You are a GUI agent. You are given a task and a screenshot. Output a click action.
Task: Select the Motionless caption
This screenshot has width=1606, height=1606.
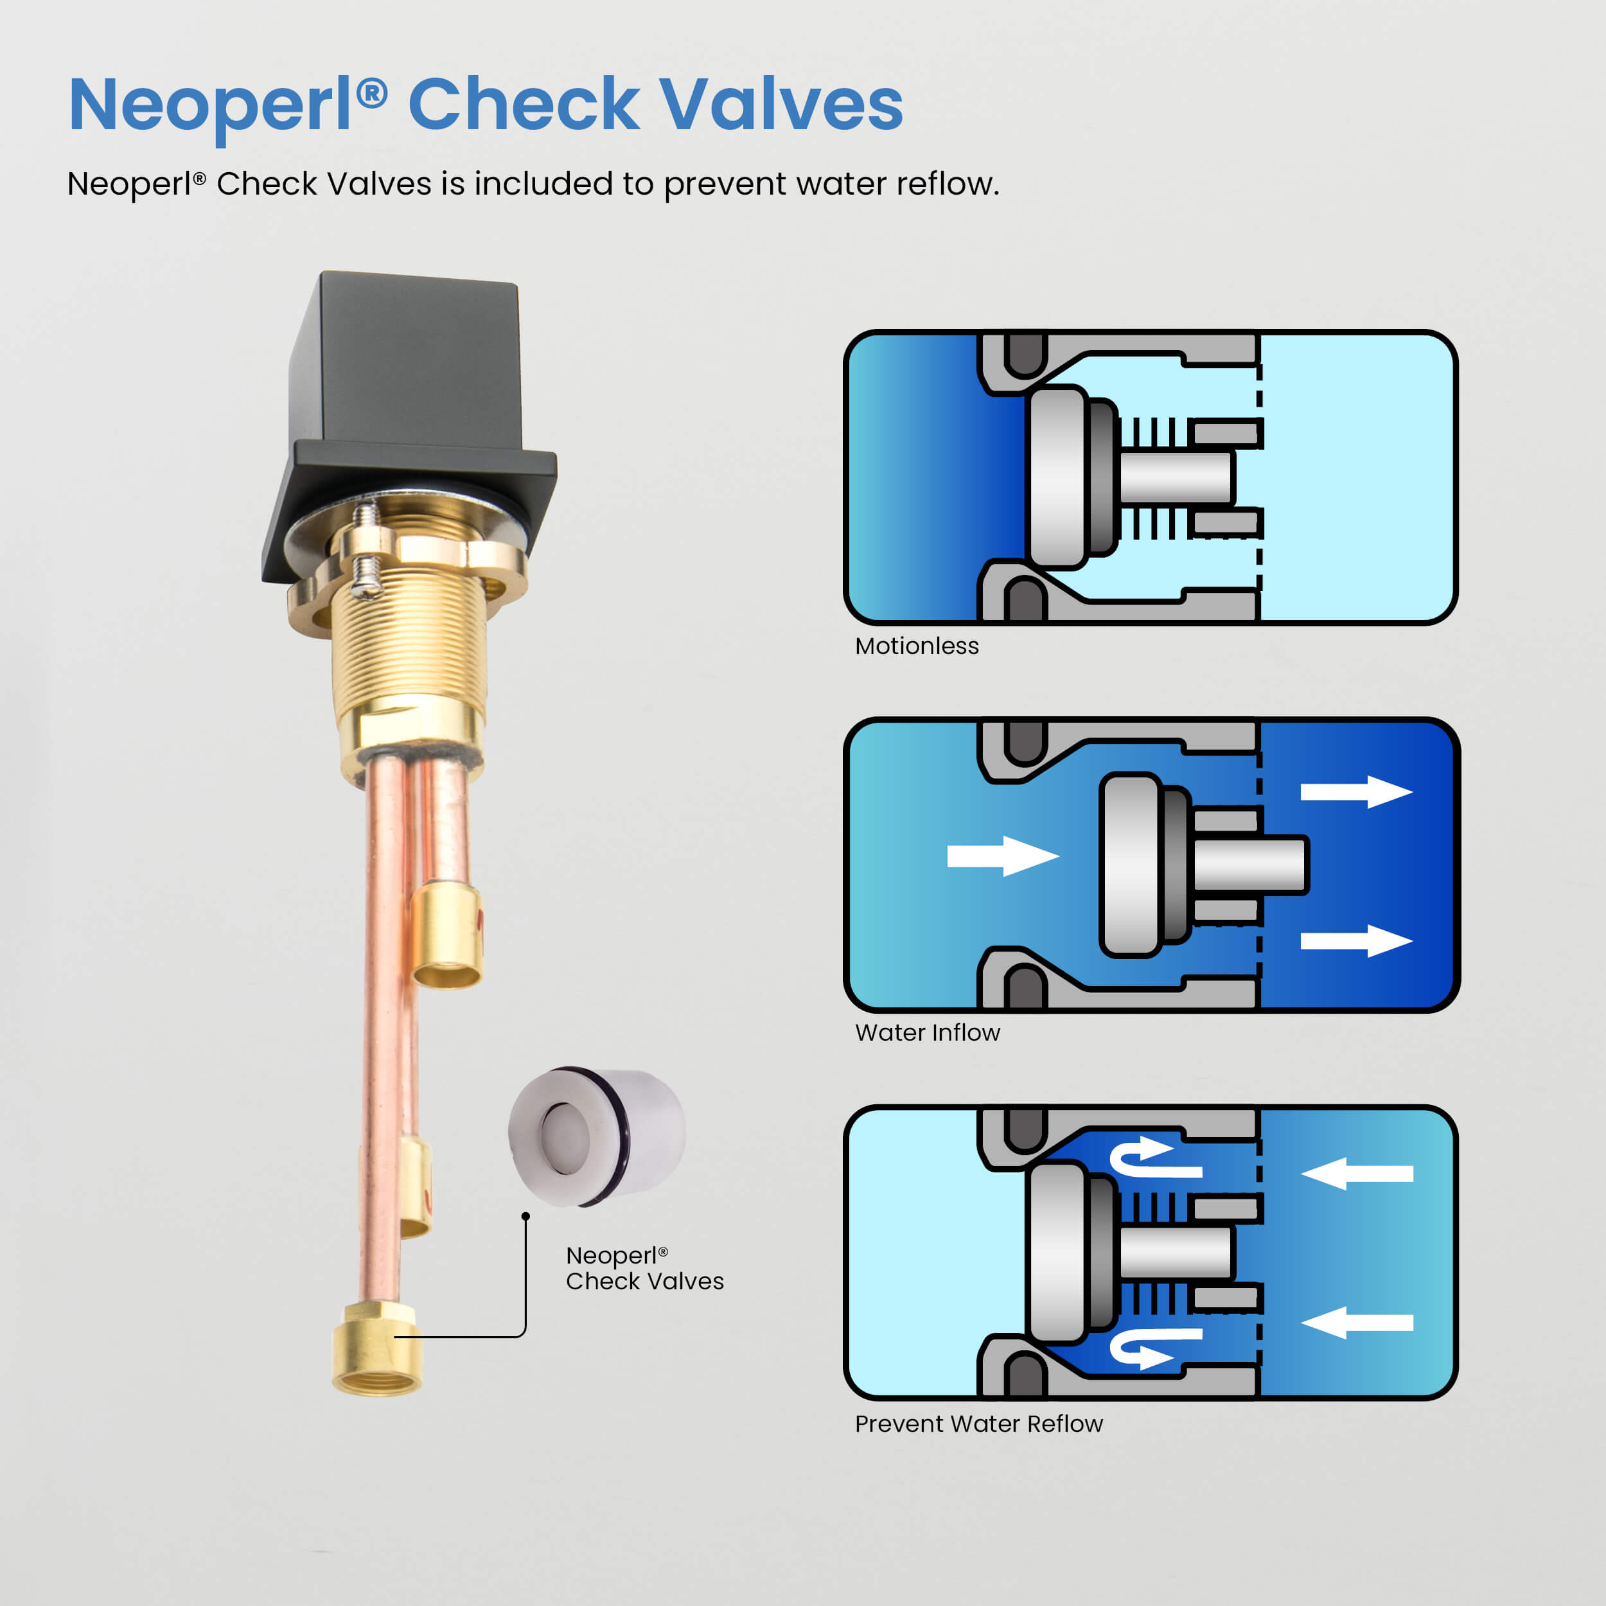click(x=917, y=646)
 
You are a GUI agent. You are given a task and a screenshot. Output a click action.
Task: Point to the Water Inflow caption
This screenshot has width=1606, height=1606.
click(x=928, y=1032)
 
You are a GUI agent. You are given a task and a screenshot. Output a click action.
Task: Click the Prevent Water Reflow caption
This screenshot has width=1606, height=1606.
click(x=978, y=1424)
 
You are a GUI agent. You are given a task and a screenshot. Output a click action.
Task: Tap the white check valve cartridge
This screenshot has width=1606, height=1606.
click(x=597, y=1136)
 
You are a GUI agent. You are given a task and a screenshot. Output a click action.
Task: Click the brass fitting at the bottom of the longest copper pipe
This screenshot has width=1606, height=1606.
click(x=376, y=1350)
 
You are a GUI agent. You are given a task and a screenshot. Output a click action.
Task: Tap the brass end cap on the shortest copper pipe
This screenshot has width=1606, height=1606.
click(x=447, y=935)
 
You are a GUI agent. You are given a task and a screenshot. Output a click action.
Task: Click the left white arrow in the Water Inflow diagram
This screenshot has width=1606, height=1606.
click(x=1003, y=856)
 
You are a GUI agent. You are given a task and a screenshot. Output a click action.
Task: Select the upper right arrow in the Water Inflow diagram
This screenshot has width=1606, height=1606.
click(x=1357, y=792)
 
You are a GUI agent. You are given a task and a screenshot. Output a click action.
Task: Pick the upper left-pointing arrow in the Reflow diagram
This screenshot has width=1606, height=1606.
click(x=1357, y=1174)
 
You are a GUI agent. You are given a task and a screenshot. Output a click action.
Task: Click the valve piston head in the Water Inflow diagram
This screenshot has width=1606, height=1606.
click(x=1131, y=865)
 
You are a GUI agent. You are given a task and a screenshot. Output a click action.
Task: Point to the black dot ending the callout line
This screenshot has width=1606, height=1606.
click(x=525, y=1216)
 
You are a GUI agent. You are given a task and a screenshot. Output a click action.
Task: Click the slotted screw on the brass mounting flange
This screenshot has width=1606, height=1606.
click(x=366, y=549)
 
